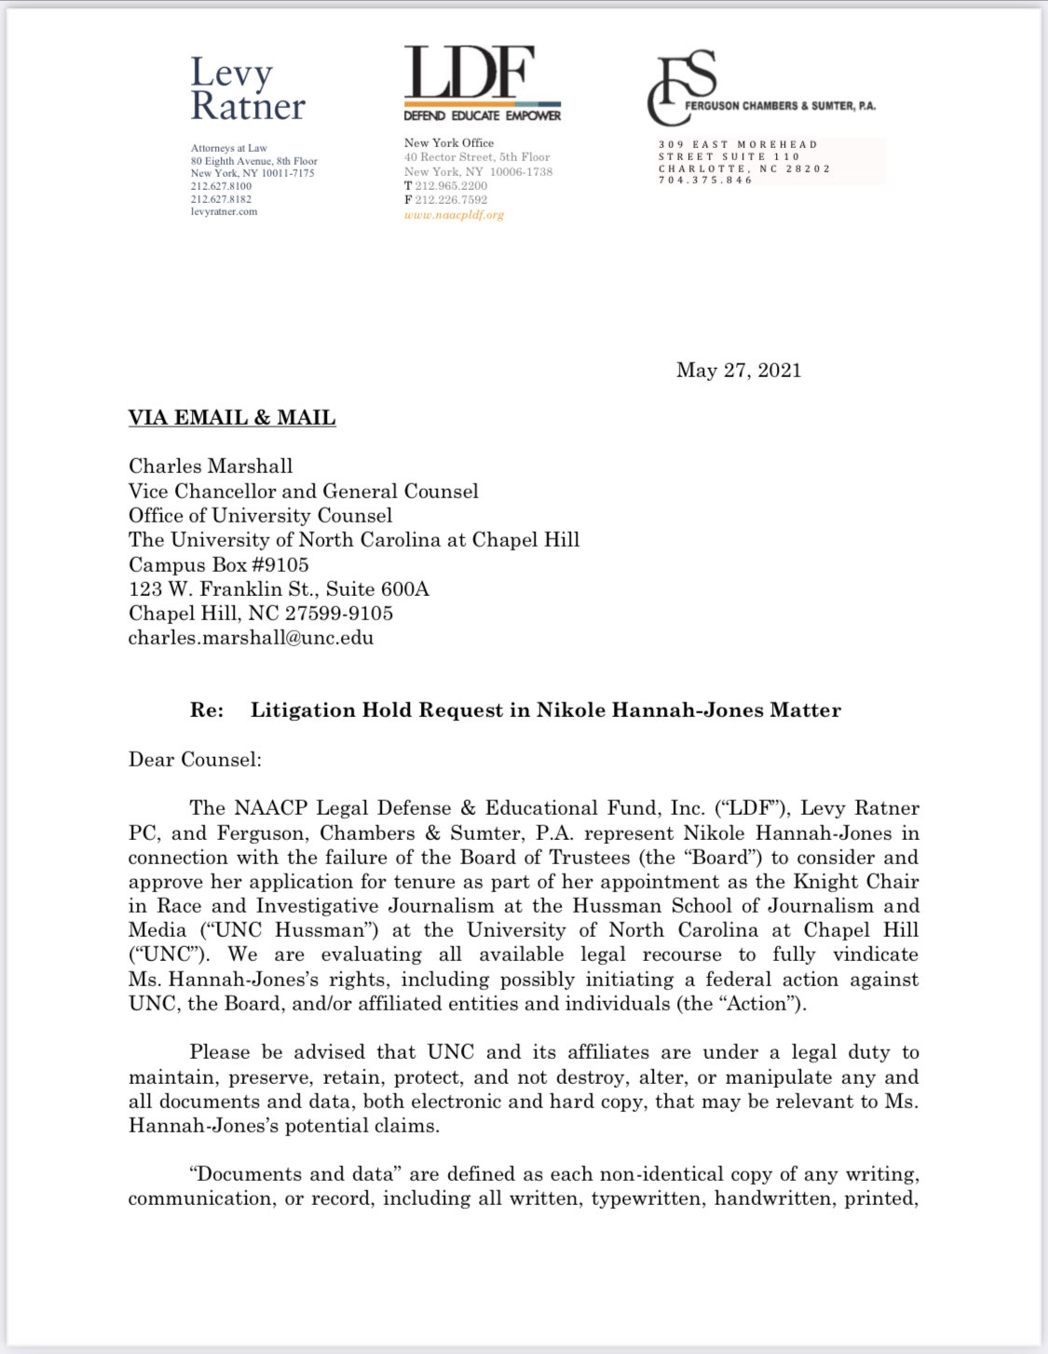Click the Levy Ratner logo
point(247,89)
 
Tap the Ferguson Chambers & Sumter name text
point(780,106)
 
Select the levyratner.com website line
point(225,212)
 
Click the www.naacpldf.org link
point(454,215)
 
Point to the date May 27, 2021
point(739,371)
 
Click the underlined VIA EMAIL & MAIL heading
point(232,418)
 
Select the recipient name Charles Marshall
point(211,467)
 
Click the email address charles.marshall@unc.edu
point(251,639)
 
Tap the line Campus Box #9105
point(219,565)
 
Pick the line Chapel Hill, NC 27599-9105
point(261,614)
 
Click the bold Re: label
point(207,711)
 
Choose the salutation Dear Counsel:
point(195,760)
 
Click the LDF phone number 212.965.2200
point(451,186)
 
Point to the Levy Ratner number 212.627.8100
point(222,186)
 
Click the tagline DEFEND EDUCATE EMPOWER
point(483,116)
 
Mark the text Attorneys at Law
point(229,148)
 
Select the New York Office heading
point(449,143)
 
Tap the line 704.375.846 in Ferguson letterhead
point(705,181)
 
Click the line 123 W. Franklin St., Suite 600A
point(279,589)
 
